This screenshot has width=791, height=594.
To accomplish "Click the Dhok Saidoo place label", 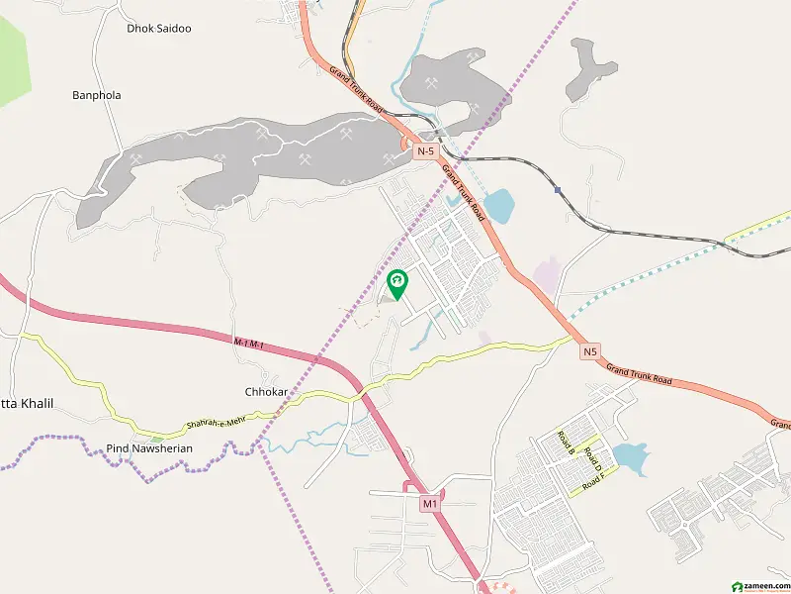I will [x=159, y=29].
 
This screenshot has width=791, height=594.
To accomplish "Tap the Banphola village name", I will [x=96, y=96].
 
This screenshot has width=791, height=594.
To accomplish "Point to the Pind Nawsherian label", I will [x=149, y=448].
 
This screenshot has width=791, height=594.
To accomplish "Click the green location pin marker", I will [x=396, y=284].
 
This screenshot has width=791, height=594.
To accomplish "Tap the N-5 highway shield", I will [x=425, y=151].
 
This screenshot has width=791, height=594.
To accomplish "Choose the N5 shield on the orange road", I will [x=590, y=351].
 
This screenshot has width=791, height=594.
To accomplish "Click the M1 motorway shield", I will [x=429, y=505].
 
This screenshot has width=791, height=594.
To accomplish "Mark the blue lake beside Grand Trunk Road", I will [x=498, y=205].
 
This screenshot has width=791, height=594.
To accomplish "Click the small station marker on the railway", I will [x=558, y=190].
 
